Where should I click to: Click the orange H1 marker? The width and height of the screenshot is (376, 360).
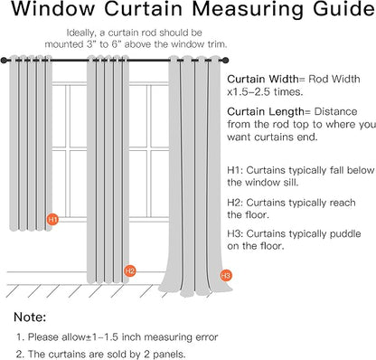click(x=52, y=220)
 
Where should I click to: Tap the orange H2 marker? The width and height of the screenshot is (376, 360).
click(x=130, y=270)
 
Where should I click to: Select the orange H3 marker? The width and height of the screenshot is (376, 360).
click(x=226, y=275)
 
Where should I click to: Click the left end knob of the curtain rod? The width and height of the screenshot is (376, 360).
click(x=4, y=61)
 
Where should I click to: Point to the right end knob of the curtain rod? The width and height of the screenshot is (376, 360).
click(x=226, y=61)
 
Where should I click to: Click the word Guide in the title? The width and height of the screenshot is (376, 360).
click(x=344, y=9)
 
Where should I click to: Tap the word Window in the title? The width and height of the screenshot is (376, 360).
click(x=53, y=9)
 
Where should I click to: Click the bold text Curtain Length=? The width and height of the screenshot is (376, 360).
click(x=268, y=112)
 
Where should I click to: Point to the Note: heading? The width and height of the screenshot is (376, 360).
click(x=30, y=317)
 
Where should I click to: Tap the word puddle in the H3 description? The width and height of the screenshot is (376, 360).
click(x=345, y=234)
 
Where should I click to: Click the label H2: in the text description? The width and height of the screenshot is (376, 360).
click(x=235, y=203)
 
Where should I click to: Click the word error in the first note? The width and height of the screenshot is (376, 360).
click(x=207, y=336)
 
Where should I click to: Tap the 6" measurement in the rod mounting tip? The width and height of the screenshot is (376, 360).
click(x=116, y=44)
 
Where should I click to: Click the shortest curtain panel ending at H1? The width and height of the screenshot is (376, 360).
click(x=31, y=144)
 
